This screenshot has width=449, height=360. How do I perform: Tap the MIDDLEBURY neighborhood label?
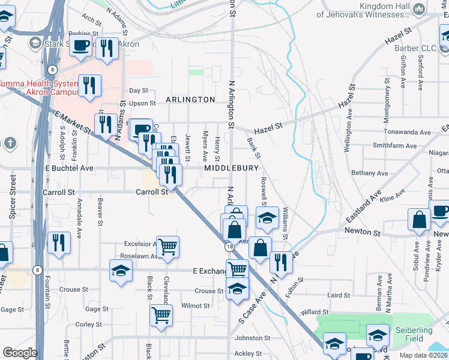point(231,169)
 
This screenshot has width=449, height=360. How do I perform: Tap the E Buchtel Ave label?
point(70,169)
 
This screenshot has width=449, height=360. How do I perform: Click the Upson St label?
point(142,103)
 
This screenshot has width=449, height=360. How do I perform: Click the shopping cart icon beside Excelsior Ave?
point(167,246)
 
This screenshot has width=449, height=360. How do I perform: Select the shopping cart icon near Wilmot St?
point(161,314)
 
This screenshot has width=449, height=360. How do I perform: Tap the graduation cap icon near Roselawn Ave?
point(121,270)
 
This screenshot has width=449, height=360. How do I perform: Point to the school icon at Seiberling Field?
point(378,334)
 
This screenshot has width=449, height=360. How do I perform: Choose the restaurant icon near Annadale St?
point(58,243)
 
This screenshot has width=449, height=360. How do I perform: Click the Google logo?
point(20,353)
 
